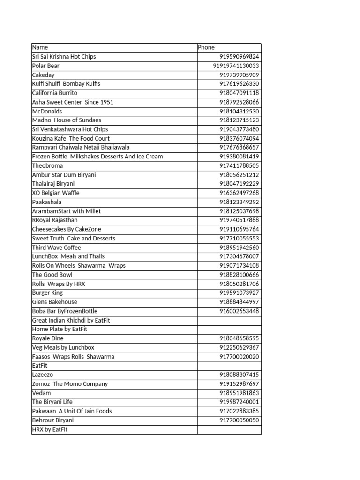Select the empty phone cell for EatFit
coord(229,366)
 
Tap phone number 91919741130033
coord(236,66)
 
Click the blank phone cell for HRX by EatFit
coord(229,429)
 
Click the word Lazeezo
coord(43,375)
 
